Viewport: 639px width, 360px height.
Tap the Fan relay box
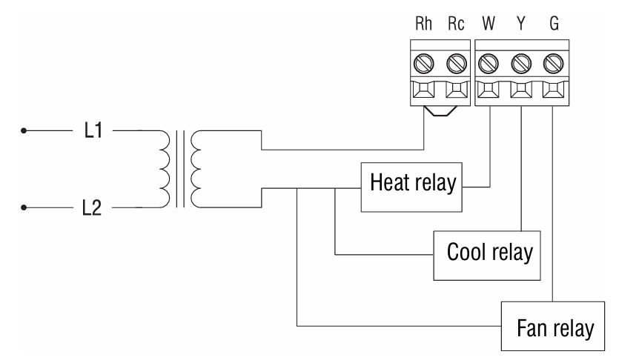[x=552, y=326]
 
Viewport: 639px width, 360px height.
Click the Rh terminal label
[x=424, y=24]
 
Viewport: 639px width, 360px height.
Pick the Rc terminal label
[x=456, y=24]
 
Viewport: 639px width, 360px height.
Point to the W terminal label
[x=489, y=24]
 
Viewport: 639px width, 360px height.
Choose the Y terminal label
[x=521, y=24]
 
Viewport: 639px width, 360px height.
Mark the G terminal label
[x=554, y=24]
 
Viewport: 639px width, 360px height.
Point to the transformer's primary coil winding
[x=160, y=168]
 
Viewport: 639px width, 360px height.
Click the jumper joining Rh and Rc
[x=440, y=113]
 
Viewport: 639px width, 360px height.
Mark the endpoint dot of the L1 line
[x=24, y=134]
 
